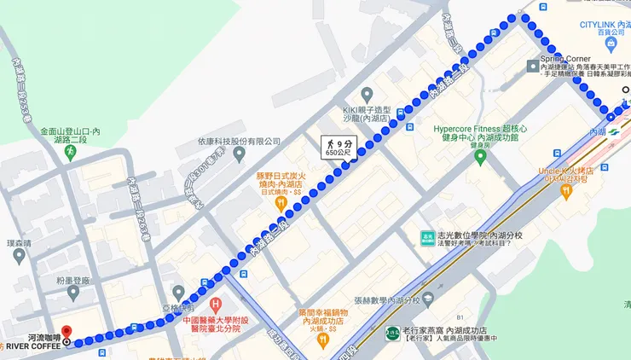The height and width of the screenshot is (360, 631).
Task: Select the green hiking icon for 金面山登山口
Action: [70, 151]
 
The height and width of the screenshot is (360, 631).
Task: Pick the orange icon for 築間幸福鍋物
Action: [322, 339]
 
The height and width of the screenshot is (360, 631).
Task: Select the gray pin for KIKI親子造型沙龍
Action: [367, 94]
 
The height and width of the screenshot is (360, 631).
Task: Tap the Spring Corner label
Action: [566, 59]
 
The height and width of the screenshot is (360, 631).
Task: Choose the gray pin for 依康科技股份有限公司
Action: [239, 154]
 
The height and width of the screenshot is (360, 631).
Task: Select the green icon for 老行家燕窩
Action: [392, 334]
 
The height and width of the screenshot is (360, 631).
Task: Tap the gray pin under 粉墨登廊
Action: [72, 293]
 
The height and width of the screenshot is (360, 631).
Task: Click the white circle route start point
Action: [626, 90]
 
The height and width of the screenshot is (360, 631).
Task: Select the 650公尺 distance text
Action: [336, 154]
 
